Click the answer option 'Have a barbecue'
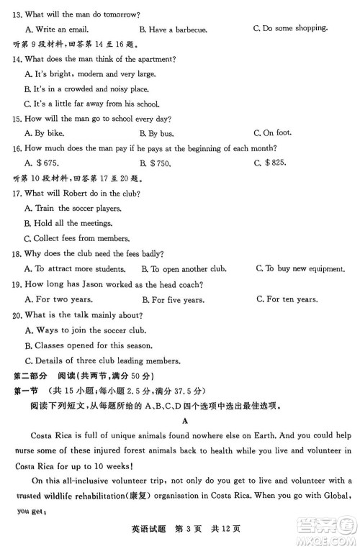point(177,30)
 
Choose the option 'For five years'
point(177,299)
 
